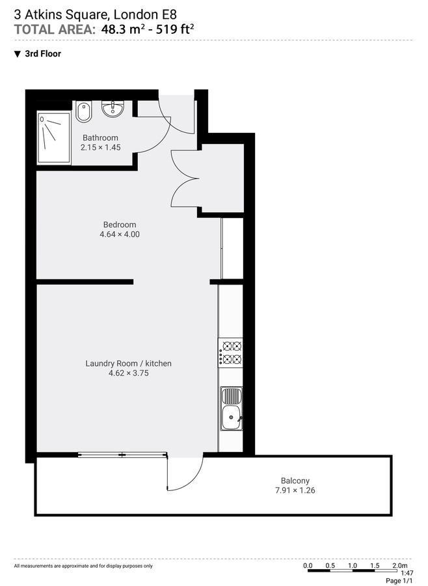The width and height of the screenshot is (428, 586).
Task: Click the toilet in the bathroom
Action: click(x=84, y=113)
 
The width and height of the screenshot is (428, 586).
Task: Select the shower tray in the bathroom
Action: click(x=53, y=137)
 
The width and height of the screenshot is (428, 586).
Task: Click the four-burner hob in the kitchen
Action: click(x=231, y=352)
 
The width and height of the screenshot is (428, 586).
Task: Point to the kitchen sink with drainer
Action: click(x=231, y=409)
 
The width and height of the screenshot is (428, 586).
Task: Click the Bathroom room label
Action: click(x=100, y=137)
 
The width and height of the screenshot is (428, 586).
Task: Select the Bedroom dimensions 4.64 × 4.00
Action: click(x=120, y=234)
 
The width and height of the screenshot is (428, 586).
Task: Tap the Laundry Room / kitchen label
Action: click(x=129, y=363)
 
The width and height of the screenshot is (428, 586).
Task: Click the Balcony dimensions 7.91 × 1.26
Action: click(x=295, y=490)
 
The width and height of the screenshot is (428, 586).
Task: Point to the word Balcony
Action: click(x=295, y=481)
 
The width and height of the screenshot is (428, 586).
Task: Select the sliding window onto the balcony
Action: click(x=122, y=455)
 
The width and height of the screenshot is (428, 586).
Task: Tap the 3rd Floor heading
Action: click(x=42, y=54)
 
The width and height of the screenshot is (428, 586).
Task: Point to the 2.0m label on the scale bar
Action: click(x=400, y=565)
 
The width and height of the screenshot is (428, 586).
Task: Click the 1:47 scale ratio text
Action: click(x=407, y=573)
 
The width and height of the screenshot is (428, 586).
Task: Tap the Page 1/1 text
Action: click(x=399, y=581)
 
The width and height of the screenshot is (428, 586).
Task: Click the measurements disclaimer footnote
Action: click(x=83, y=566)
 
